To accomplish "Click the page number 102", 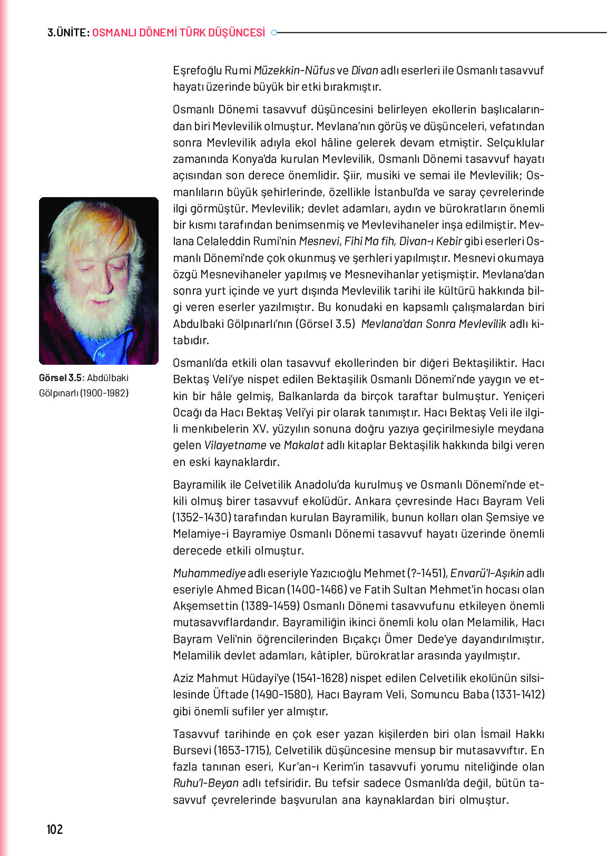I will [x=55, y=829].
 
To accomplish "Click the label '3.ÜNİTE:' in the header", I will [x=68, y=33].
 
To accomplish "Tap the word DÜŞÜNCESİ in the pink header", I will [x=237, y=33].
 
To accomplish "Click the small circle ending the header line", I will [x=273, y=33].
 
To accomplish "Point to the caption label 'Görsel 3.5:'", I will [x=62, y=378].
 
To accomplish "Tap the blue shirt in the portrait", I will [x=100, y=348].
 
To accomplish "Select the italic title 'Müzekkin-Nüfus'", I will [x=294, y=71].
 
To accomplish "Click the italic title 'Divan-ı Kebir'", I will [x=430, y=241].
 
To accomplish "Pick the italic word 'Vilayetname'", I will [x=235, y=445].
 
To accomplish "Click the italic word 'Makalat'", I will [x=303, y=445].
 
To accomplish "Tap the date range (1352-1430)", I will [x=202, y=518].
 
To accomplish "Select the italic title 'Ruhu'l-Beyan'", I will [x=205, y=783].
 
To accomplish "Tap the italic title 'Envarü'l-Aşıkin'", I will [x=487, y=573].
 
